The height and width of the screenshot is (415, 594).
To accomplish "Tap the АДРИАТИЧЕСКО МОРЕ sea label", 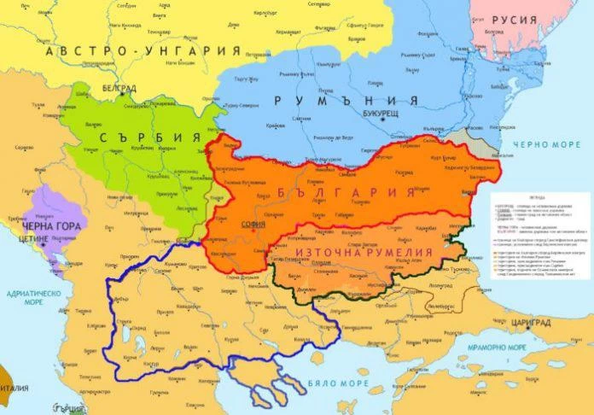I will [31, 296].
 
